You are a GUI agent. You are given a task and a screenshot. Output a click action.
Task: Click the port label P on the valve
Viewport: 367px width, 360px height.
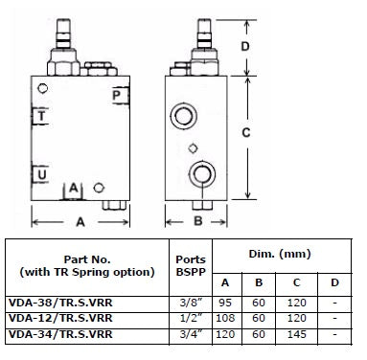coord(116,95)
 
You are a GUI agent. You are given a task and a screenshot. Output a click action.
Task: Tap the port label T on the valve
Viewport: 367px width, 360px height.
coord(40,116)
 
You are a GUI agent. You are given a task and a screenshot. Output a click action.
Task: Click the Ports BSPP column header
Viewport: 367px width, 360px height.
coord(191,264)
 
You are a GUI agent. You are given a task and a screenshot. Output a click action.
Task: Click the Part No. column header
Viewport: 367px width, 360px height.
coord(86,264)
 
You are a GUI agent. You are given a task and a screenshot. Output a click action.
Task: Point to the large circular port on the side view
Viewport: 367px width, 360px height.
coord(203,172)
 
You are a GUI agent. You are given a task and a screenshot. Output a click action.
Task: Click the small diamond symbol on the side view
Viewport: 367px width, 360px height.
coord(194,146)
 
